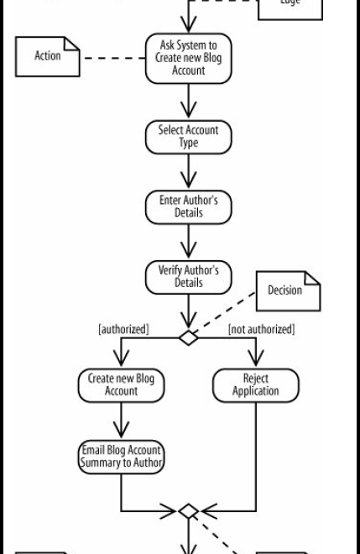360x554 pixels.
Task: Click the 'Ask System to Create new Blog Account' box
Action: pos(188,58)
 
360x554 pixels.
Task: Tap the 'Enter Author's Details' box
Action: pos(188,207)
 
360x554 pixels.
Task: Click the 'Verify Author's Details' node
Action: pos(188,277)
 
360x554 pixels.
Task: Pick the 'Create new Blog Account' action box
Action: pos(121,385)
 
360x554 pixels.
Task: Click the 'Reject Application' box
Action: pos(255,385)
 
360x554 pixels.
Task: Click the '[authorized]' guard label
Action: pos(123,329)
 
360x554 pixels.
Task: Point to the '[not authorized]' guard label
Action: pos(261,329)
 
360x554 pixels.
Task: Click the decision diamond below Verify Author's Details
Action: pos(188,338)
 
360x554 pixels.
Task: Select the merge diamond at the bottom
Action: pos(188,511)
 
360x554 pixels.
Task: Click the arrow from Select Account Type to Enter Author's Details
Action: pos(188,173)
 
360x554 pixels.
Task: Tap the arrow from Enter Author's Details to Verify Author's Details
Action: pos(188,243)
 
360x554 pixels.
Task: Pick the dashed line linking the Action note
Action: pos(113,58)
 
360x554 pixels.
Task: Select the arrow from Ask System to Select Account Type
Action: pos(188,102)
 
